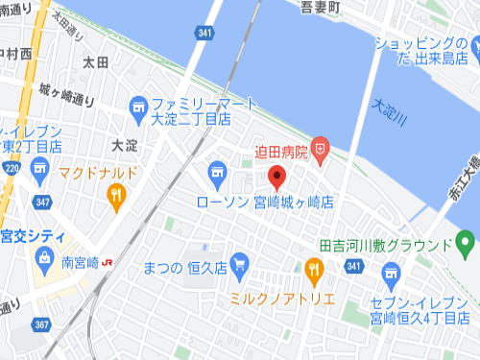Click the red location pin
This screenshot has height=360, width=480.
point(277,177)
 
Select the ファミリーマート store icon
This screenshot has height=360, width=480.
point(139,105)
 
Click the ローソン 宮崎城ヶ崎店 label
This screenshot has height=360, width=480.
point(264,203)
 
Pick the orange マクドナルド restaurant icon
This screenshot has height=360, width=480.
point(117,196)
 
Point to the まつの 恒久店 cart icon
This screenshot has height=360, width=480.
point(240,260)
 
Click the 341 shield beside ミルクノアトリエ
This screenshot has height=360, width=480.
point(354,266)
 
